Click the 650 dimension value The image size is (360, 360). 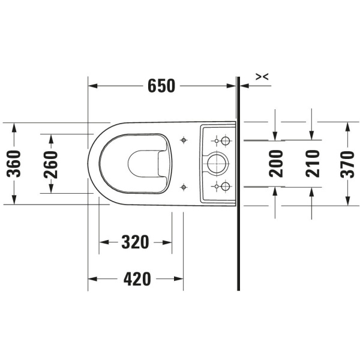(161, 86)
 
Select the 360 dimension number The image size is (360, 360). (14, 164)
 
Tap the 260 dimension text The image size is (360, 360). (51, 164)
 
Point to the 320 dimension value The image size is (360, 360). (135, 242)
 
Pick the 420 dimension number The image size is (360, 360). (137, 279)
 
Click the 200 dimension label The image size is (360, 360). (276, 163)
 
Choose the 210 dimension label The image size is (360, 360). (313, 163)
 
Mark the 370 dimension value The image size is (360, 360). (347, 164)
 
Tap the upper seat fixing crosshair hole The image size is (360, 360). (184, 140)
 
